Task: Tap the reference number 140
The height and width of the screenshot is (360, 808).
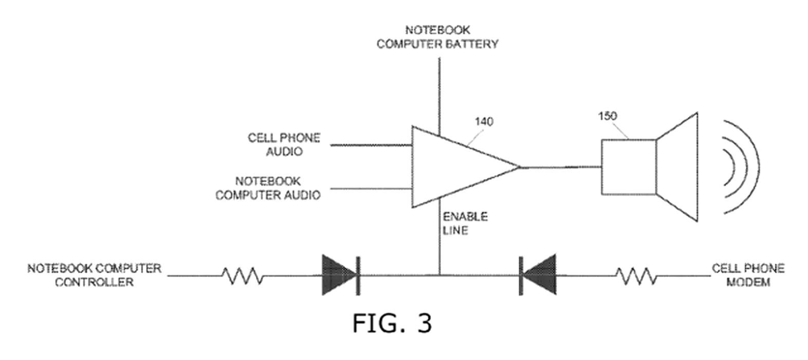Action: coord(484,121)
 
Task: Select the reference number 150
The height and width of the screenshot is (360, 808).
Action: coord(607,116)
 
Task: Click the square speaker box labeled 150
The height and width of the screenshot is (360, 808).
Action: coord(629,167)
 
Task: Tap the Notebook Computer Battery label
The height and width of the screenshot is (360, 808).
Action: coord(437,37)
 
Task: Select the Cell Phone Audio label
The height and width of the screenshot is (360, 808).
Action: coord(284,145)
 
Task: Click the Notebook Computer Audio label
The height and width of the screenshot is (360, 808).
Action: coord(268,188)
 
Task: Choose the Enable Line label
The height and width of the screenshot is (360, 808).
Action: coord(465,223)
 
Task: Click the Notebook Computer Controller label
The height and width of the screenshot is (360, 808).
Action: coord(94,275)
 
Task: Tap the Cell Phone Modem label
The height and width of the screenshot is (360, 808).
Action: coord(748,275)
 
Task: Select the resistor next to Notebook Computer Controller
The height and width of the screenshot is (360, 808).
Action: coord(243,276)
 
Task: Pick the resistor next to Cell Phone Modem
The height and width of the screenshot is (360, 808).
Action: coord(636,276)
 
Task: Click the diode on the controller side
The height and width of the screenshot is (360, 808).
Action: coord(340,275)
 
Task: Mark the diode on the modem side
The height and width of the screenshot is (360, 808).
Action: coord(538,275)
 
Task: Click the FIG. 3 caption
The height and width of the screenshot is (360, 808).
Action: coord(392,323)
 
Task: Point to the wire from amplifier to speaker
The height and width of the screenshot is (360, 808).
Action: coord(560,167)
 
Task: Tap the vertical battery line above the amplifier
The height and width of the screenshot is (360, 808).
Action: coord(439,93)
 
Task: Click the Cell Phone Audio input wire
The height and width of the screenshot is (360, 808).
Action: coord(370,146)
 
